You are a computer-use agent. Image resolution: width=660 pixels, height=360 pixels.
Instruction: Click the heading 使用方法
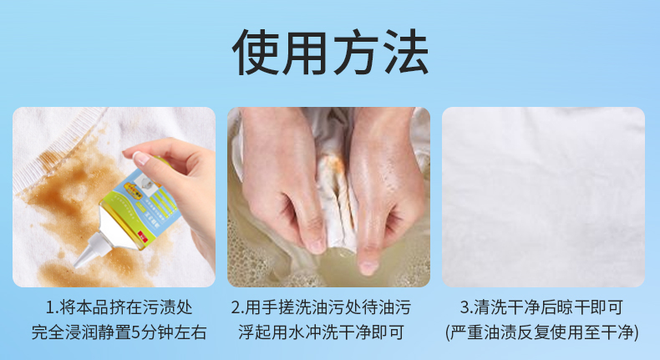[330, 53]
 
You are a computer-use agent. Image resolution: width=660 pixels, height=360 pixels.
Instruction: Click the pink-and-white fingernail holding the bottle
[141, 158]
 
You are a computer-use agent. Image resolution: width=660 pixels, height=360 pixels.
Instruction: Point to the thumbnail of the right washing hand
[368, 267]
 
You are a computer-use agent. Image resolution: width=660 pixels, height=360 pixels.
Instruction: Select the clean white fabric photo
[543, 197]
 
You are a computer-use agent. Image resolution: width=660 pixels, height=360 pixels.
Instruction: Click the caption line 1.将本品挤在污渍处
[119, 307]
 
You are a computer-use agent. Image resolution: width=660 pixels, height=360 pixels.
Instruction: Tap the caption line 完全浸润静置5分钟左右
[119, 332]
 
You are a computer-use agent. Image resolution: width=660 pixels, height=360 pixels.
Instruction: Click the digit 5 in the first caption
[135, 332]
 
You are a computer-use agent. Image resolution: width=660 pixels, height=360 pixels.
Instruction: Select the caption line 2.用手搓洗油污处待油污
[321, 307]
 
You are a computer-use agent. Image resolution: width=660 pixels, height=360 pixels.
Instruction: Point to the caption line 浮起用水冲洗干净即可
[321, 332]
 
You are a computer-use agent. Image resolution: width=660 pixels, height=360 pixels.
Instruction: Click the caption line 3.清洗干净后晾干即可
[541, 307]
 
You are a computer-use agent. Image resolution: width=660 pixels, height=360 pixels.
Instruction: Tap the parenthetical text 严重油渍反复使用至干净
[542, 332]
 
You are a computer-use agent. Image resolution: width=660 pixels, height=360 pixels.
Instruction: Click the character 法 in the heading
[406, 53]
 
